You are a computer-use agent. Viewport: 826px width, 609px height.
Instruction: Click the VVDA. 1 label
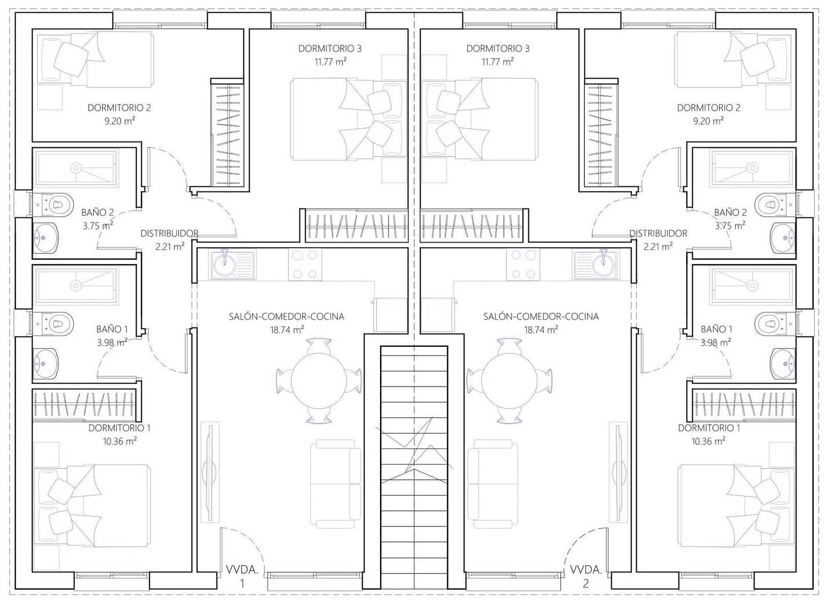242,576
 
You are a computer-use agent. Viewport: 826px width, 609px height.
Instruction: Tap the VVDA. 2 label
585,576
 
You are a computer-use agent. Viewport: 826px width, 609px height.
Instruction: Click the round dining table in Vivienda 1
319,380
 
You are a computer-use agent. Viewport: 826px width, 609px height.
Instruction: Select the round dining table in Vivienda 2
509,380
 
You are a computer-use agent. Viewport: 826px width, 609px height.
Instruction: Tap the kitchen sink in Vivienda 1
225,264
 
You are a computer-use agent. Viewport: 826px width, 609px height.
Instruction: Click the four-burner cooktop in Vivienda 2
523,264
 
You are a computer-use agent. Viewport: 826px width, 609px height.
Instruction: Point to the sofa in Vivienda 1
336,484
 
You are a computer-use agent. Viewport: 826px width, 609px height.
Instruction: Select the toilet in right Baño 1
770,324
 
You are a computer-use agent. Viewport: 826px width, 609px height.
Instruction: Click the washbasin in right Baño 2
783,238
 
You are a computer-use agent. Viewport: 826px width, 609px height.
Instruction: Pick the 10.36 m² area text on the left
120,441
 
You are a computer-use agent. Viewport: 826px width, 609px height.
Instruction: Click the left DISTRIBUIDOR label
169,234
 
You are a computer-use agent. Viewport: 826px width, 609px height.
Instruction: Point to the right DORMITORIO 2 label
708,108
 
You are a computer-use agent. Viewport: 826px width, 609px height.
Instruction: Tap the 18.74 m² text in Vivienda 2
541,330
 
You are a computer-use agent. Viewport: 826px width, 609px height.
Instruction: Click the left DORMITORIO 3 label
330,49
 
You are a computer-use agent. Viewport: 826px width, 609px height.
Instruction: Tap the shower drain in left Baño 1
76,285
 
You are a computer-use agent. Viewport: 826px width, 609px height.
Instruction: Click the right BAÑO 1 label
716,329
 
